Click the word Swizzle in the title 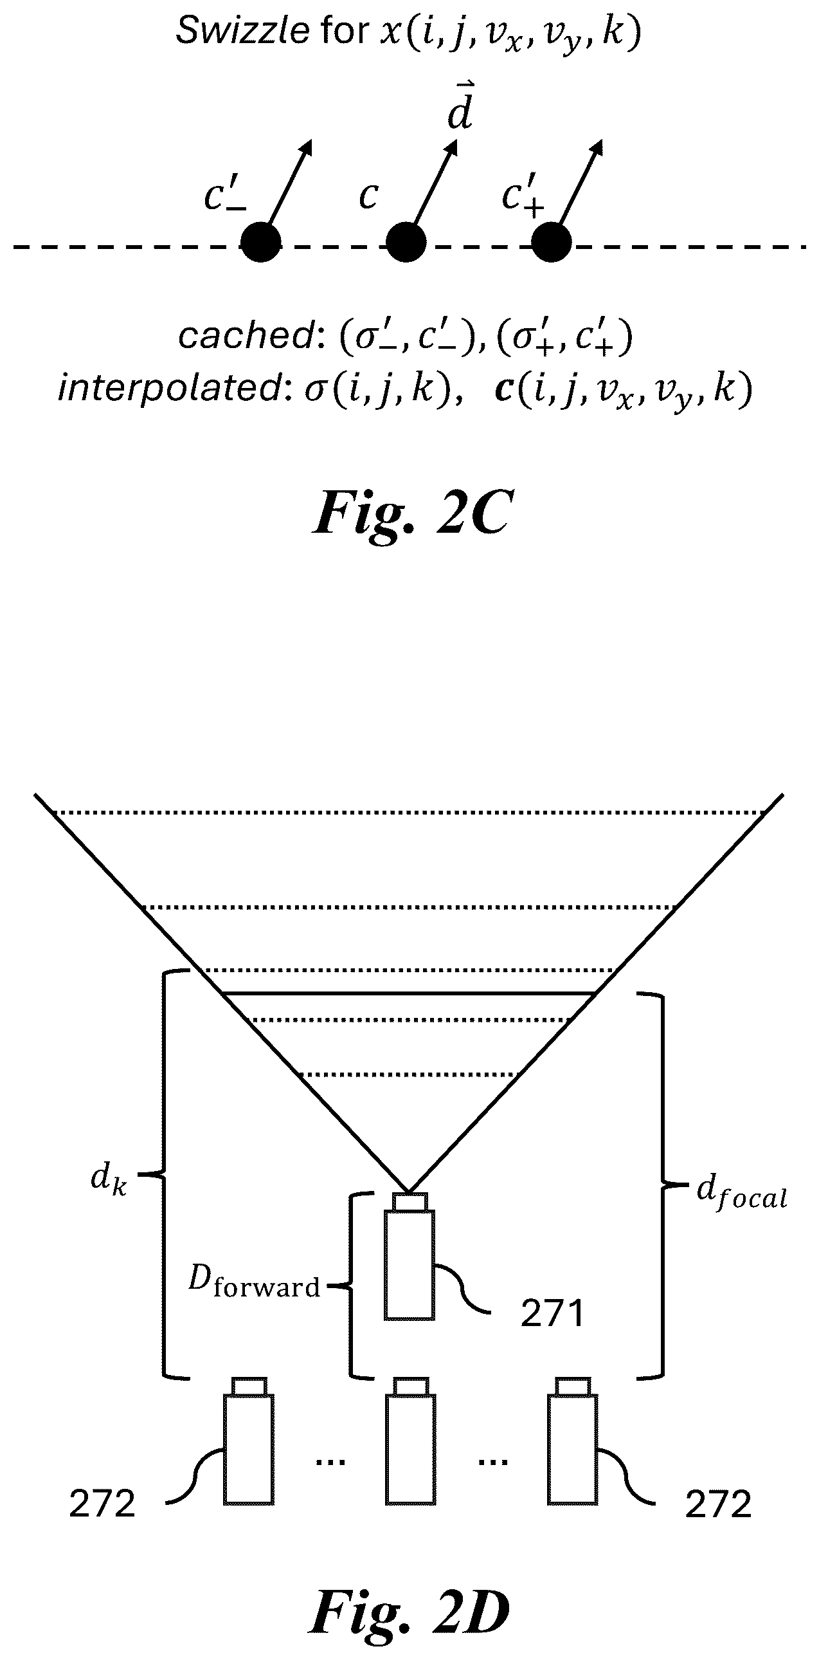pyautogui.click(x=242, y=30)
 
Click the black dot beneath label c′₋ pyautogui.click(x=261, y=243)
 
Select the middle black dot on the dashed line pyautogui.click(x=406, y=243)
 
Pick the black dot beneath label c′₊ pyautogui.click(x=551, y=243)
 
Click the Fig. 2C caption pyautogui.click(x=411, y=512)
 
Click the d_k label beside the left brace pyautogui.click(x=108, y=1177)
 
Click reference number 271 pyautogui.click(x=552, y=1314)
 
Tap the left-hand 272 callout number pyautogui.click(x=102, y=1505)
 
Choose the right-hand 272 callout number pyautogui.click(x=718, y=1505)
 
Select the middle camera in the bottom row pyautogui.click(x=411, y=1441)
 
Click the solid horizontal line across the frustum pyautogui.click(x=408, y=993)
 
